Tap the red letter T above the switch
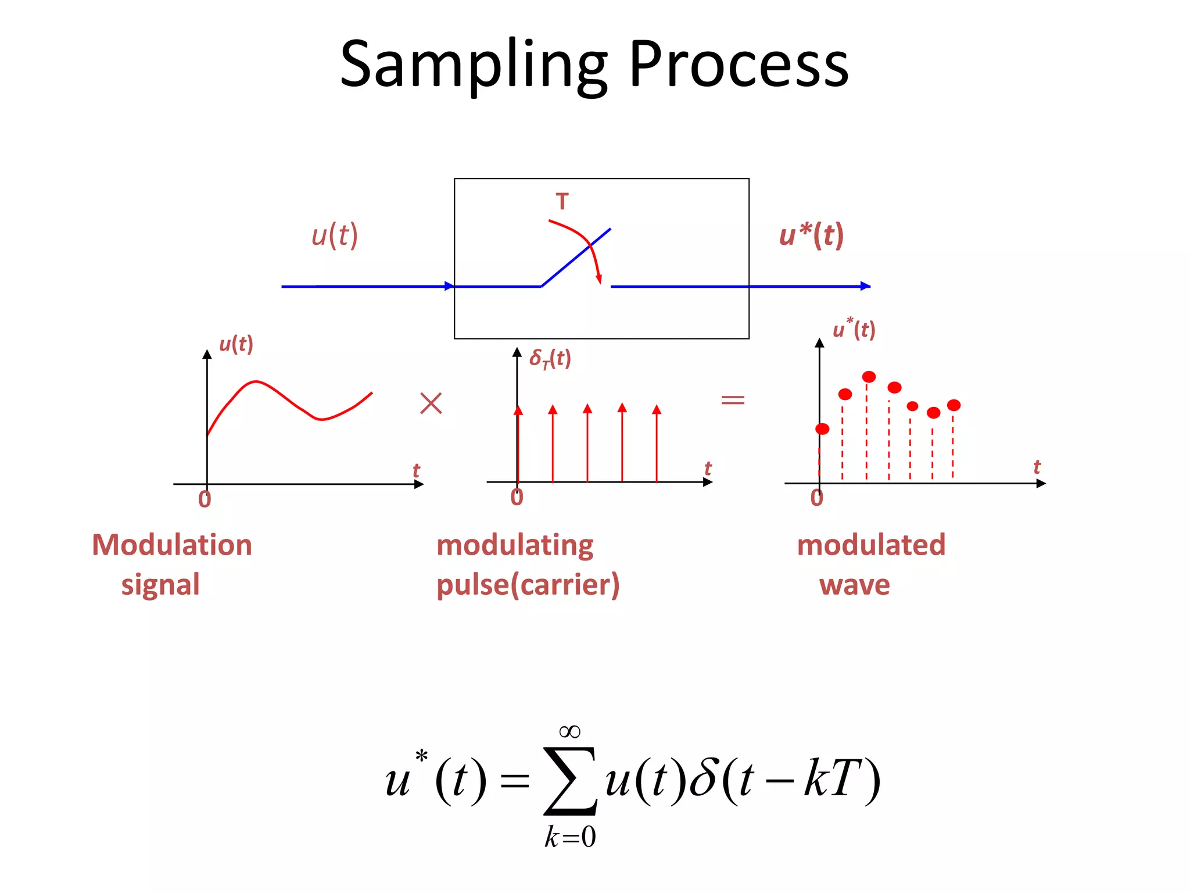tap(562, 202)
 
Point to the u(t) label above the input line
tap(335, 235)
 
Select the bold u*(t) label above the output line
tap(811, 235)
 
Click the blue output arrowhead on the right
tap(865, 286)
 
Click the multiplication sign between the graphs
tap(431, 403)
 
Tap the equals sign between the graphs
tap(733, 399)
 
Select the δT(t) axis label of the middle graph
tap(550, 358)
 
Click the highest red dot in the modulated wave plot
tap(869, 377)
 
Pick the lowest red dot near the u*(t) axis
tap(822, 429)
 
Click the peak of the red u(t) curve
tap(256, 382)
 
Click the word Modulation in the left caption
tap(172, 545)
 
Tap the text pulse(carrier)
tap(528, 585)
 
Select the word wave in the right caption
tap(854, 585)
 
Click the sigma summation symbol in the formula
tap(570, 781)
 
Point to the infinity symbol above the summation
tap(569, 731)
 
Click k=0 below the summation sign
tap(570, 837)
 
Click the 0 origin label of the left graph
tap(205, 499)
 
